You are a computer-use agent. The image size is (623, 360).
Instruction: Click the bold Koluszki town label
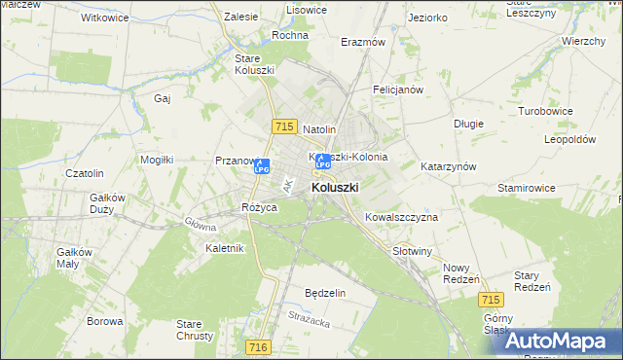click(335, 187)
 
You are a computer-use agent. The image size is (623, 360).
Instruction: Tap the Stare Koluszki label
click(254, 64)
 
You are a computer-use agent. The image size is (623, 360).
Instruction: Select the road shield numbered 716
click(257, 346)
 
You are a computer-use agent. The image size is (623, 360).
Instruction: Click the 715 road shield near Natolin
click(284, 127)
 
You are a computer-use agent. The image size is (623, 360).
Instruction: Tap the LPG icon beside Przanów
click(261, 166)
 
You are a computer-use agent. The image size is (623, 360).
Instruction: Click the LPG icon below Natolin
click(323, 162)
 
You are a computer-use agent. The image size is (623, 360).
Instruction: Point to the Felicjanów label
click(397, 90)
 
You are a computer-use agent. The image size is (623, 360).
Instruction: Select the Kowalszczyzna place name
click(401, 217)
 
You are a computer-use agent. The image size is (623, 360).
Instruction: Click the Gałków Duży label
click(109, 202)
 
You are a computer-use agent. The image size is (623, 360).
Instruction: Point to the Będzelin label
click(325, 293)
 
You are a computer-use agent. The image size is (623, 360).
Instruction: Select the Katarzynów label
click(448, 166)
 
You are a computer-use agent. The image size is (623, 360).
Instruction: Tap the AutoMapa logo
click(561, 341)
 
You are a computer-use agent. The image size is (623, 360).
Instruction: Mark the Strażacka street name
click(310, 317)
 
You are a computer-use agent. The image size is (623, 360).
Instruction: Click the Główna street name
click(201, 224)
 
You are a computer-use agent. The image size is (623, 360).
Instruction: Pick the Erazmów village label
click(363, 43)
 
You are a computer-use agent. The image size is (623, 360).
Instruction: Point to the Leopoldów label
click(570, 139)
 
